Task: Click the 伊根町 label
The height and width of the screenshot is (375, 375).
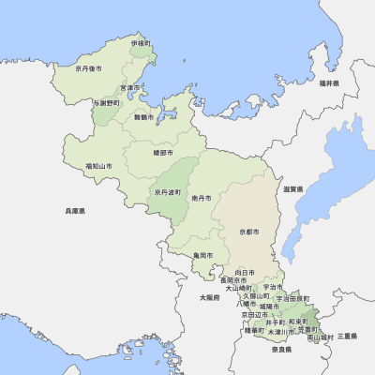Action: click(x=141, y=43)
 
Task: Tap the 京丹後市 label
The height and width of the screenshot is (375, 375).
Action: click(x=89, y=68)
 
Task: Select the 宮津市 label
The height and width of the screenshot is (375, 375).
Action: click(x=141, y=88)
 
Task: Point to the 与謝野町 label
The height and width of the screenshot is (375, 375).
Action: click(x=106, y=103)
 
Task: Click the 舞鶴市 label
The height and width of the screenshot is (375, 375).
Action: click(x=143, y=118)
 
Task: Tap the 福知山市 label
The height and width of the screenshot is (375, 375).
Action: click(x=98, y=166)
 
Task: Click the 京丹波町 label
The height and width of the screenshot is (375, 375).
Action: click(x=169, y=192)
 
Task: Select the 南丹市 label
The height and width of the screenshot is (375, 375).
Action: click(x=201, y=199)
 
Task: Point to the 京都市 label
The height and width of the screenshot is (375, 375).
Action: click(x=248, y=231)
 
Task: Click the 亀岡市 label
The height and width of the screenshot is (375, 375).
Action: click(x=202, y=255)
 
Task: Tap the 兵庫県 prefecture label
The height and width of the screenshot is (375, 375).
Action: click(x=75, y=212)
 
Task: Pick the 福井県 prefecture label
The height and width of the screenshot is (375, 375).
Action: click(x=328, y=84)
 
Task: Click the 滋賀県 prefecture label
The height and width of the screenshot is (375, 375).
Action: click(x=293, y=189)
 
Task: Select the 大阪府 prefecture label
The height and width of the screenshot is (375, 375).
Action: click(x=208, y=297)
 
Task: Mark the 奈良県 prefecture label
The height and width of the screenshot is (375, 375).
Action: click(x=282, y=349)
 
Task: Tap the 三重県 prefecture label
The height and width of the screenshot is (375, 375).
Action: click(x=348, y=336)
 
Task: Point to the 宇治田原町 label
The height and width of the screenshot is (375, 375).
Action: click(x=293, y=298)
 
